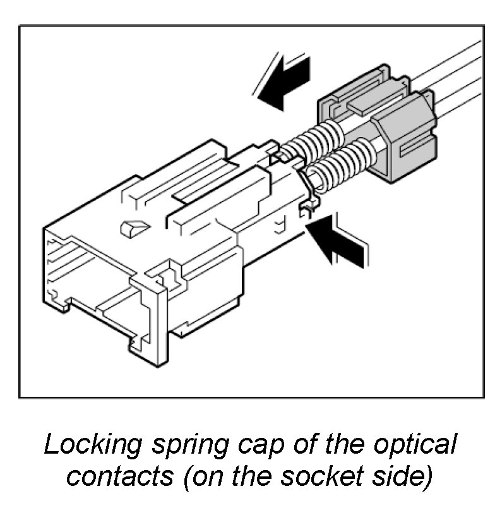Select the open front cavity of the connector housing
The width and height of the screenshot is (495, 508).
(x=88, y=278)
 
